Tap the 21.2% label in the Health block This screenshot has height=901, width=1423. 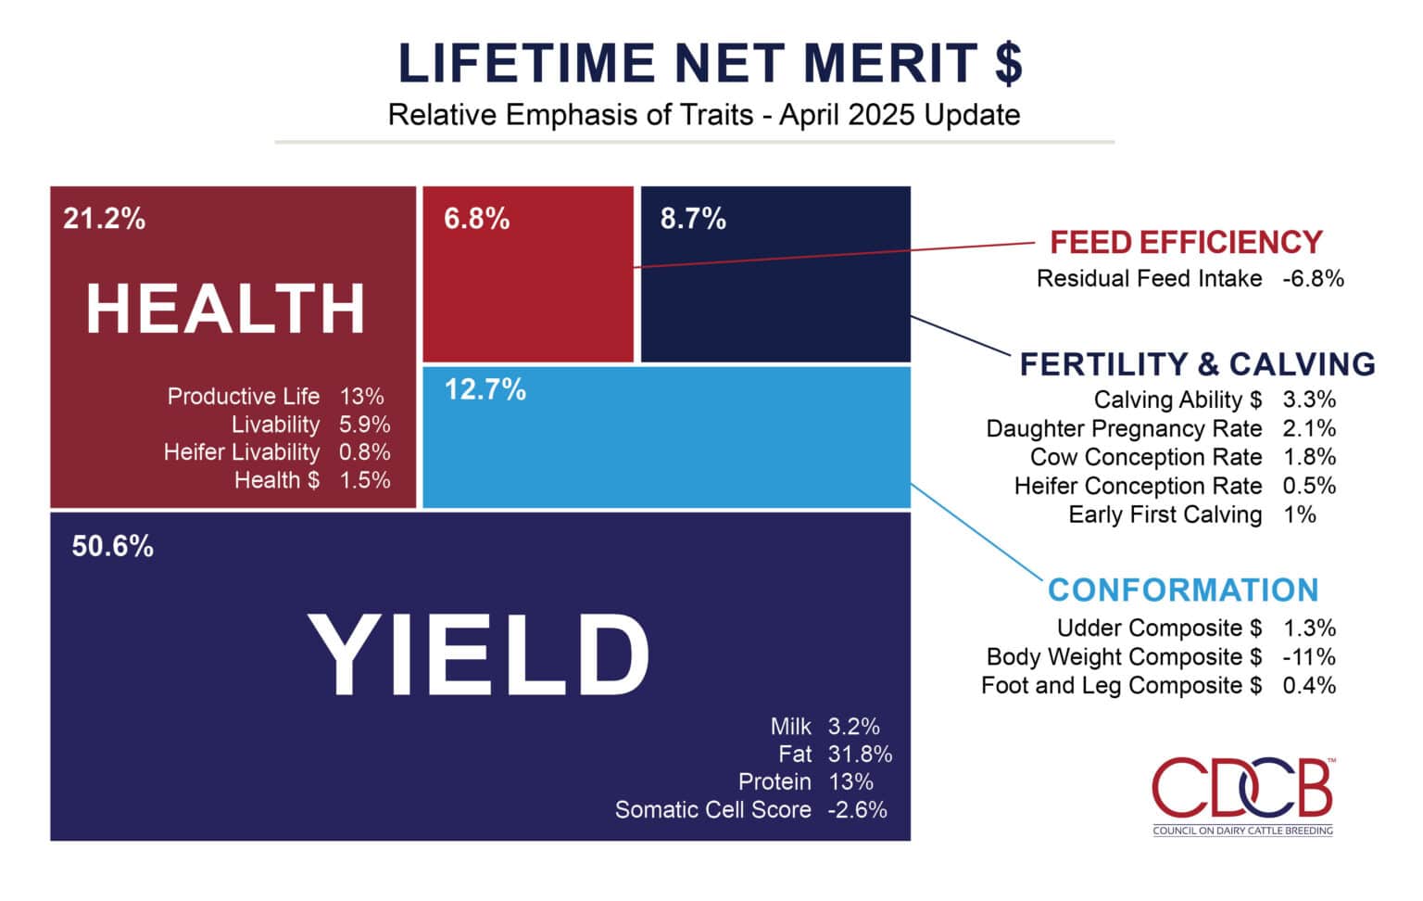point(104,219)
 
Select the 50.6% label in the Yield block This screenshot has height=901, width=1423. point(112,546)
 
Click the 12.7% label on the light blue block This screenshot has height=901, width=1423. point(485,389)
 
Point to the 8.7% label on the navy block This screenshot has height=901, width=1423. point(693,219)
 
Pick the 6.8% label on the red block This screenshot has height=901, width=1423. point(476,219)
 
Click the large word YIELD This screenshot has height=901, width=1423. point(478,654)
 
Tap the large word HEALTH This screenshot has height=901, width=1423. point(226,309)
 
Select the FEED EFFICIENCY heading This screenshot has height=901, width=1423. point(1186,242)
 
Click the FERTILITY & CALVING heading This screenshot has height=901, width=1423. point(1197,363)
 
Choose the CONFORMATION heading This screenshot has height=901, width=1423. point(1183,590)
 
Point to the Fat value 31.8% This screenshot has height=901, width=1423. point(860,754)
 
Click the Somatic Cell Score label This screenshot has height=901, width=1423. point(712,809)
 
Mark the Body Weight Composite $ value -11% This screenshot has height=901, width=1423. point(1309,656)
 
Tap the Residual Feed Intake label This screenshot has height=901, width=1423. point(1149,278)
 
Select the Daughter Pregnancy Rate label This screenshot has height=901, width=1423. point(1124,428)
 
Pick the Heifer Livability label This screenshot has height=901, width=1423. point(242,451)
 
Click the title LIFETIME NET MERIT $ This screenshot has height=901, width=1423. point(710,63)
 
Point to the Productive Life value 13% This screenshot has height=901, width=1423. point(361,396)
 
